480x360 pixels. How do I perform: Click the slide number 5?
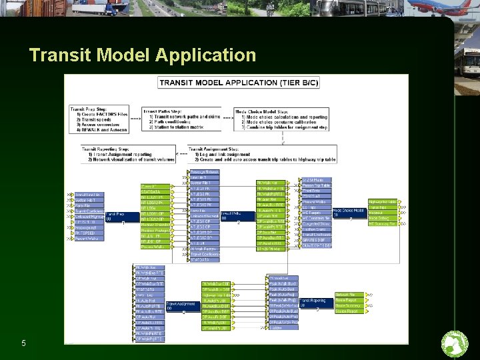pos(23,343)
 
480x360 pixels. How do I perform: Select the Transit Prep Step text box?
pos(99,119)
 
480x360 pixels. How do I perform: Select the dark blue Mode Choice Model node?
pos(347,212)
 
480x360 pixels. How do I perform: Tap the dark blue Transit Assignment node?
pos(180,306)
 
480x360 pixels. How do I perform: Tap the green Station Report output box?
pos(347,311)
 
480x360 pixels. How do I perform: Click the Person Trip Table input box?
pos(316,185)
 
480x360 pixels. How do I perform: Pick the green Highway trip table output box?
pos(382,201)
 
